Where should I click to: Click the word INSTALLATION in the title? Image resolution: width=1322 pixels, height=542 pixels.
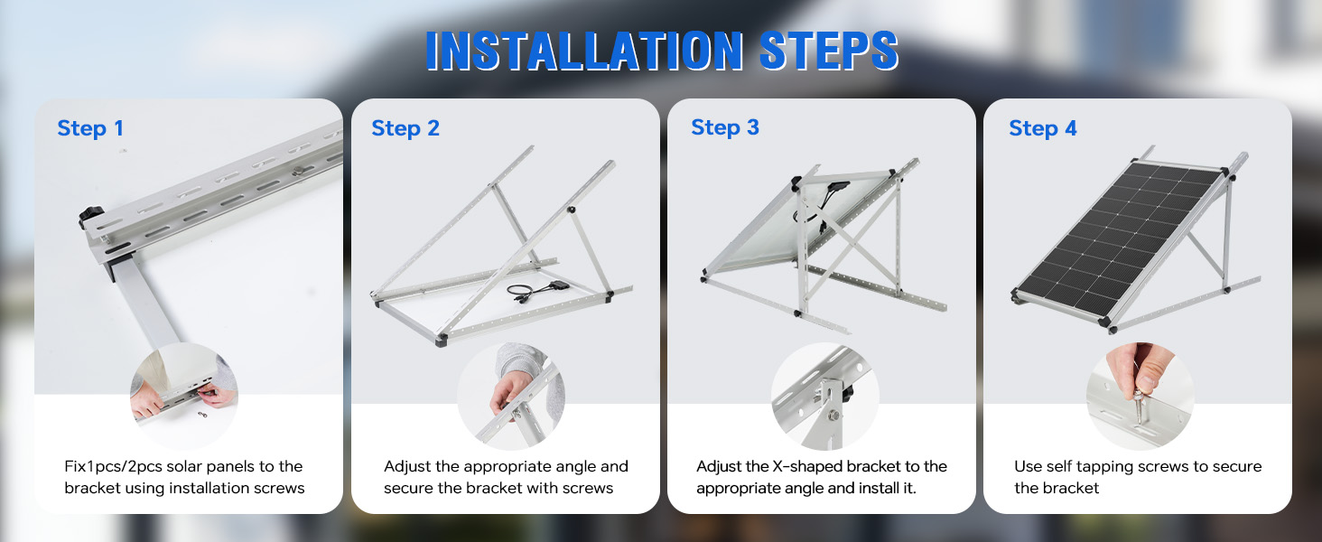[584, 51]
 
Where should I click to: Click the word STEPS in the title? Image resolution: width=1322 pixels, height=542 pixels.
[829, 51]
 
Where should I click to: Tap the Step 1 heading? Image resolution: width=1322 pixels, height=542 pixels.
[90, 128]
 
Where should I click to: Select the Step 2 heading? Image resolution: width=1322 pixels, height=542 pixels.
[405, 128]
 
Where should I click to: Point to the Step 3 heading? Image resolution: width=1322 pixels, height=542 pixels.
[725, 127]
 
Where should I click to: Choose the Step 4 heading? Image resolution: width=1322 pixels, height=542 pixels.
[1043, 128]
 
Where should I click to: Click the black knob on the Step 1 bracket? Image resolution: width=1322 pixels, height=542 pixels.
[90, 216]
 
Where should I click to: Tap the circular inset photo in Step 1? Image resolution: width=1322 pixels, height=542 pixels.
[184, 396]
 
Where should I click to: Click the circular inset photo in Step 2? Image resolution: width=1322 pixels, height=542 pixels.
[511, 396]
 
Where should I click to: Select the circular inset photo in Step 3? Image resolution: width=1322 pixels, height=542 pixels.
[825, 396]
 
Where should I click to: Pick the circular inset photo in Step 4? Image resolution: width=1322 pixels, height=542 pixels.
[1140, 396]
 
